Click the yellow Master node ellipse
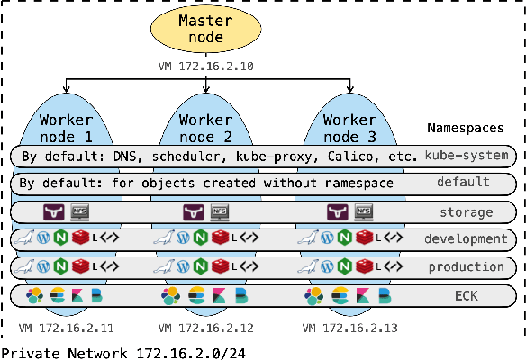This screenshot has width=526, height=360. tap(206, 29)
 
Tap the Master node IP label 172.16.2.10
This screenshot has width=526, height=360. tap(206, 67)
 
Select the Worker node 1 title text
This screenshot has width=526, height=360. tap(64, 128)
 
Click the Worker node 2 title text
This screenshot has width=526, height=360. tap(206, 128)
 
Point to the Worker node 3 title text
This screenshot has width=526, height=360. tap(349, 128)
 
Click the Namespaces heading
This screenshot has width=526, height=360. tap(465, 129)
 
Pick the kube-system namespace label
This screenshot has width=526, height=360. tap(466, 156)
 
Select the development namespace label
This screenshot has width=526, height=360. tap(466, 239)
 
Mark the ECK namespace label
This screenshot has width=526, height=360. tap(466, 295)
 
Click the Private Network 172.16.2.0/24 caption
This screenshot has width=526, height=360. tap(122, 352)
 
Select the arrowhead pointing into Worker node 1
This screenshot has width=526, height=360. tap(66, 90)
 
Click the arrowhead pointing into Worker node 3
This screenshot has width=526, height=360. tap(350, 90)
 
